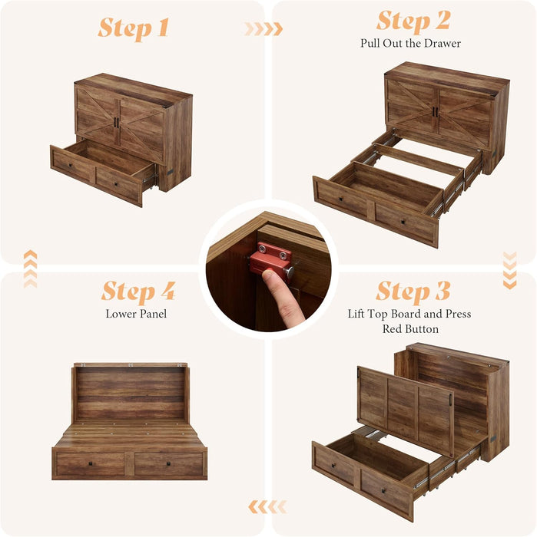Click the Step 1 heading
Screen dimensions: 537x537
pos(133,28)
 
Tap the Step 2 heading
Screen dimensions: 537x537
pos(413,20)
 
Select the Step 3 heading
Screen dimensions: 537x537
pos(413,292)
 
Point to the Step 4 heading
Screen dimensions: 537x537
pos(138,292)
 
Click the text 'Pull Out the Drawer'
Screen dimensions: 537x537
pos(410,44)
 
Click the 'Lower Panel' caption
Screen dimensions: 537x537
pos(136,314)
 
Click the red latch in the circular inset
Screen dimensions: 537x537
pos(270,259)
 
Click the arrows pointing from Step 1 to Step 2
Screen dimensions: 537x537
pos(263,29)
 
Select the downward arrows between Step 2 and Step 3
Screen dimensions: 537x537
pos(509,270)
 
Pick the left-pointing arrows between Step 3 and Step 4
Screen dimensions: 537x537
pos(267,506)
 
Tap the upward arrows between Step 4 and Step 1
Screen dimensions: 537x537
pos(30,268)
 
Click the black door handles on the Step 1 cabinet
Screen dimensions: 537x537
pos(116,123)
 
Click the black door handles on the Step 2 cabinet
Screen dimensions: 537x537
pos(434,112)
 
